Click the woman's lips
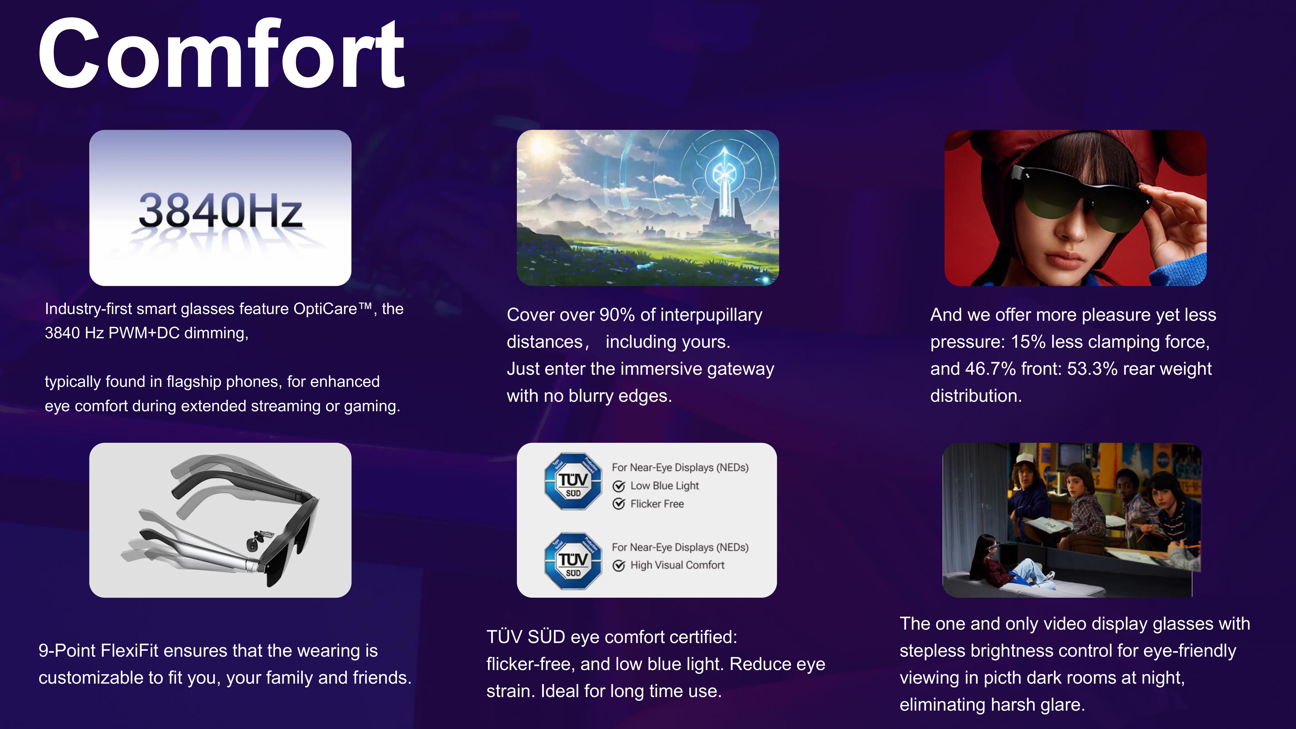point(1062,261)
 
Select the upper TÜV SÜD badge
point(573,481)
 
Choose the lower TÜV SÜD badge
point(573,561)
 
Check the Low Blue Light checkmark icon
point(619,486)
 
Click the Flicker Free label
point(657,504)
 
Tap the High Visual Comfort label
point(677,565)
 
